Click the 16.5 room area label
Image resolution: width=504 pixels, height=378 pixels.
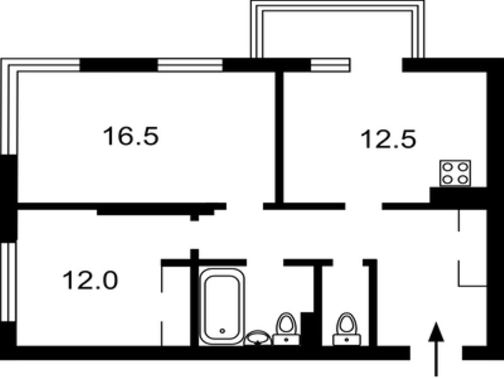click(131, 136)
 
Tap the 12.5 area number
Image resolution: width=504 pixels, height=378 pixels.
click(388, 139)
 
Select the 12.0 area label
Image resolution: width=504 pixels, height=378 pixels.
click(90, 280)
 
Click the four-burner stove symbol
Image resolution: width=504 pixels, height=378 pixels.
click(455, 173)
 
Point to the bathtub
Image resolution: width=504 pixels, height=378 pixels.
click(222, 307)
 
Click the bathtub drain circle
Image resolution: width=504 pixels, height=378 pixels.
click(222, 331)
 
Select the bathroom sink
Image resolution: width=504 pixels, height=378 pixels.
click(258, 338)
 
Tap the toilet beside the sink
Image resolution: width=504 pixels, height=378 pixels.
click(286, 329)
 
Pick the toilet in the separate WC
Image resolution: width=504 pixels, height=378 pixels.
click(346, 329)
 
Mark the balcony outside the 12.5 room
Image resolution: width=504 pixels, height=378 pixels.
click(338, 29)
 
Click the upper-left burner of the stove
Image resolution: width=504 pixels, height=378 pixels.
click(447, 167)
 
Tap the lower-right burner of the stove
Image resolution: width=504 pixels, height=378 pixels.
click(463, 180)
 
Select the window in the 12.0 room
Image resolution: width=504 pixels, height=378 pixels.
click(8, 282)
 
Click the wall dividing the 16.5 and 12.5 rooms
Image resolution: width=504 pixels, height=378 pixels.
click(280, 137)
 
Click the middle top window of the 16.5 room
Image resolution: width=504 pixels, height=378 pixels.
click(190, 65)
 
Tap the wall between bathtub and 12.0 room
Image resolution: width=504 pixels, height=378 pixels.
click(195, 297)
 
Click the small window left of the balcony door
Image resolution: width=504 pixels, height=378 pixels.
click(330, 65)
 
